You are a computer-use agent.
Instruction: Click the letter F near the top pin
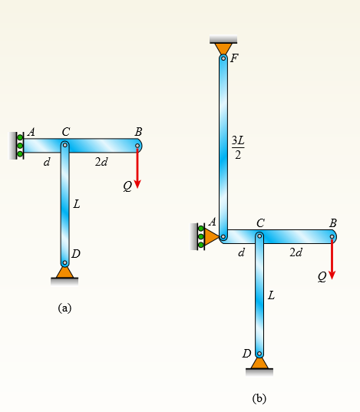click(x=234, y=58)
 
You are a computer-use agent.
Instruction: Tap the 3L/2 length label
click(x=238, y=147)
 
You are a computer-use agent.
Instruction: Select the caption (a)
click(x=64, y=308)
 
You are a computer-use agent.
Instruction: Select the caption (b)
click(x=259, y=399)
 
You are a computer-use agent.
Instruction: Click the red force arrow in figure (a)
click(x=137, y=167)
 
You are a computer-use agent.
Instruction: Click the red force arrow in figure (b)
click(x=332, y=259)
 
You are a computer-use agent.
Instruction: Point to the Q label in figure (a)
click(x=127, y=186)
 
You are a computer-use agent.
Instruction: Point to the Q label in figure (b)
click(x=322, y=277)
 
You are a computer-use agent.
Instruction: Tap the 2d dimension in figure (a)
click(x=101, y=162)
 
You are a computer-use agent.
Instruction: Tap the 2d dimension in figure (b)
click(x=296, y=252)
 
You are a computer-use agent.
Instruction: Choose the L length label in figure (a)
click(x=77, y=204)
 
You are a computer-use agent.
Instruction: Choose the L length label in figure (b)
click(x=272, y=295)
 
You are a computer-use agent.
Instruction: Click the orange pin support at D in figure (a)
click(x=64, y=272)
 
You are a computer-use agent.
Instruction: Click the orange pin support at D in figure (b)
click(x=259, y=364)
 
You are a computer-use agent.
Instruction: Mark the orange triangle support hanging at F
click(x=223, y=49)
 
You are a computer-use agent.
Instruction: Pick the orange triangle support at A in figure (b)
click(x=211, y=237)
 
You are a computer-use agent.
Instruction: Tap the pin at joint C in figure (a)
click(x=65, y=145)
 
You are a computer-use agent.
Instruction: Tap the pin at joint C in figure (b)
click(x=259, y=236)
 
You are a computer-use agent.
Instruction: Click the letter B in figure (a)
click(x=138, y=132)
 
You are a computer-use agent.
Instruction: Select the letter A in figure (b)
click(x=213, y=222)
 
